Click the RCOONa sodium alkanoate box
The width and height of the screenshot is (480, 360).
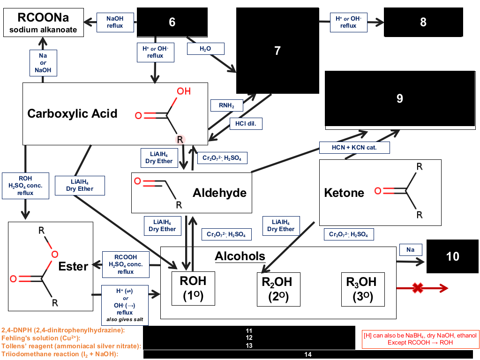point(44,22)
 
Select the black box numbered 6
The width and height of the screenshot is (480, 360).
point(172,22)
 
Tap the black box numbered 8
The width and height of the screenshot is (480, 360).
point(423,22)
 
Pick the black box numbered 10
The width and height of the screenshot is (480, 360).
point(452,256)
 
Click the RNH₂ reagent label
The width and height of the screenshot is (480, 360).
point(226,105)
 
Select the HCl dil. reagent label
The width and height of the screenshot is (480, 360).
point(246,124)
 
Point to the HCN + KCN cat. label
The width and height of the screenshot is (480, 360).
point(354,148)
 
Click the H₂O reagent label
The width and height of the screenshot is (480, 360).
point(205,49)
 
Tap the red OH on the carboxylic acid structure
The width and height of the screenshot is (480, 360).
point(184,91)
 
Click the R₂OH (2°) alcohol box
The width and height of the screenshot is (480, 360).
point(278,289)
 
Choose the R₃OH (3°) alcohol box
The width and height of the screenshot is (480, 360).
point(363,289)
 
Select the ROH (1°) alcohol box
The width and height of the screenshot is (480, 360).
point(193,288)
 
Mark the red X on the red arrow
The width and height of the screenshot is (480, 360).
point(418,288)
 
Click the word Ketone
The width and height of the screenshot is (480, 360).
point(344,193)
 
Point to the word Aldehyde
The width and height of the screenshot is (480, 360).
point(219,193)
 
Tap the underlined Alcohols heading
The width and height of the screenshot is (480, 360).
point(240,256)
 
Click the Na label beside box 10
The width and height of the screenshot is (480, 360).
point(411,250)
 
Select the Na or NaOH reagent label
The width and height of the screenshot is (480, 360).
point(43,63)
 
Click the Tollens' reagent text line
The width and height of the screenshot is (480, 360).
point(71,346)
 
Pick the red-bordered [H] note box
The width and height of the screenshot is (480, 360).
point(420,339)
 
